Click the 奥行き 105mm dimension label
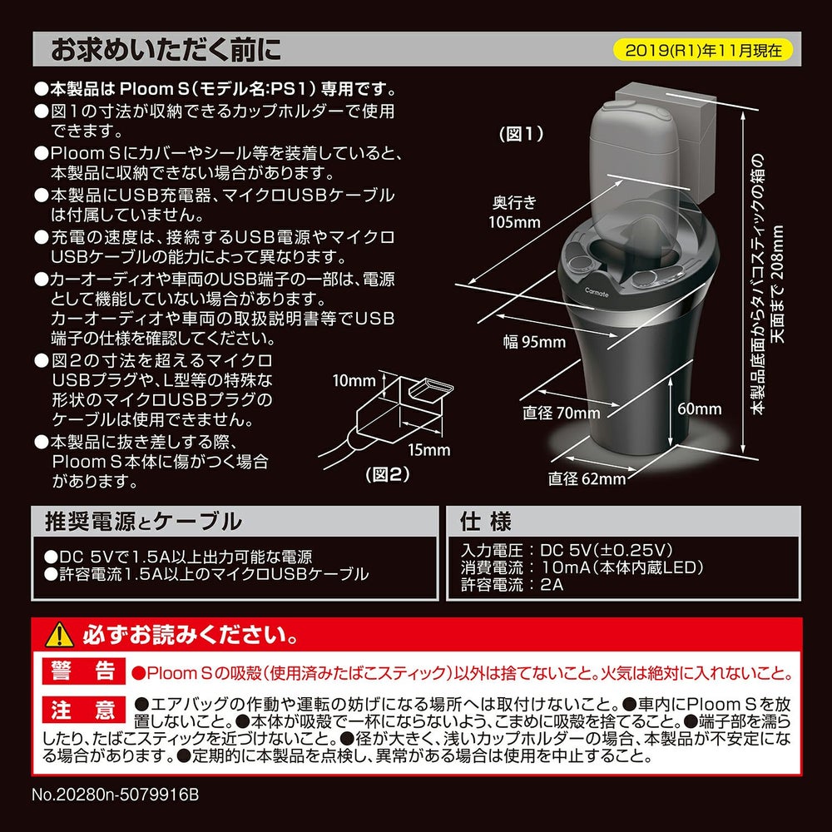(515, 212)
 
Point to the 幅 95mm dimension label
(533, 341)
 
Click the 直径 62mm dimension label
(587, 478)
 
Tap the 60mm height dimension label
(699, 409)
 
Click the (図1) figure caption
(520, 133)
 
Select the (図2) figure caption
(389, 475)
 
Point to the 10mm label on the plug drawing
(354, 381)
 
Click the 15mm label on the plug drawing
(430, 450)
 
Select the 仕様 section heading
(486, 522)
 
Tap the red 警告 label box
(81, 671)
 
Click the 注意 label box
(81, 710)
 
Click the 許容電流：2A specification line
(513, 584)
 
